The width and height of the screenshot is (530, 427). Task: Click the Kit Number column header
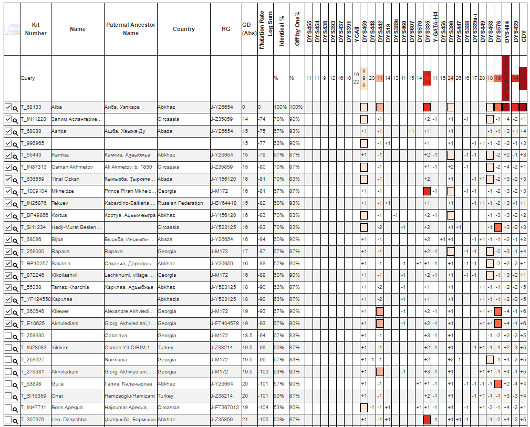tap(36, 29)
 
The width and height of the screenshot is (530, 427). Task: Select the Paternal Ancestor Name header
tap(130, 29)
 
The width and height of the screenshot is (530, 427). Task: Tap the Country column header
tap(183, 29)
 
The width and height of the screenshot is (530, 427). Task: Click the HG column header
tap(226, 29)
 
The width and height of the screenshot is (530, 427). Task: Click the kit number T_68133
tap(31, 107)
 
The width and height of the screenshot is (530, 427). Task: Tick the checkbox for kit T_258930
tap(8, 335)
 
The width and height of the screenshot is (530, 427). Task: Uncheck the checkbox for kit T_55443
tap(8, 155)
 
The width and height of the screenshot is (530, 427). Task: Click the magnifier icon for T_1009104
tap(15, 192)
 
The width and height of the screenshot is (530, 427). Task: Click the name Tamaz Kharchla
tap(70, 287)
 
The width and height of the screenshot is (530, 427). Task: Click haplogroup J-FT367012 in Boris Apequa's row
tap(225, 408)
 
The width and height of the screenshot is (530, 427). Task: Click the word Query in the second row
tap(28, 78)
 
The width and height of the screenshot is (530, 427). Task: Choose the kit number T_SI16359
tap(33, 395)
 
